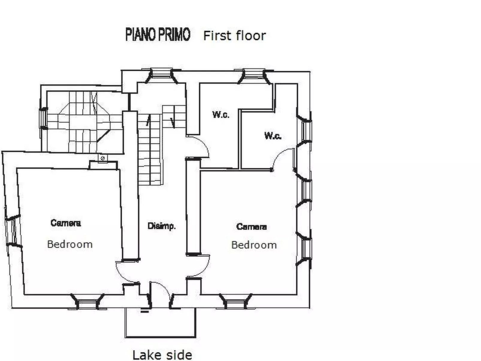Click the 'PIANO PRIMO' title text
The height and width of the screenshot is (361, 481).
158,34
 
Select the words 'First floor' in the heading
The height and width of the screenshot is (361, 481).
235,36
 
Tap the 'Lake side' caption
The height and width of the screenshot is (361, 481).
162,355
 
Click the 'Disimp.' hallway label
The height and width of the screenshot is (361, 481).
161,226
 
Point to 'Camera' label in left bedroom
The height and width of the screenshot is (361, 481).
66,223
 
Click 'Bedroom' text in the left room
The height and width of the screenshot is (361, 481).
70,244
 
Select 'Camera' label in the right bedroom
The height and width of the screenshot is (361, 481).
251,226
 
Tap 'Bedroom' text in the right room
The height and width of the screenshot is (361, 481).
254,245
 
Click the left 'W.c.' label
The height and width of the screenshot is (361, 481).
221,114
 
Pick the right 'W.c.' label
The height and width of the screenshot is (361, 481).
273,136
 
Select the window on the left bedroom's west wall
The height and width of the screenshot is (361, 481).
11,231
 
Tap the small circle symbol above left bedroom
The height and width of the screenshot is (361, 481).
102,158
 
